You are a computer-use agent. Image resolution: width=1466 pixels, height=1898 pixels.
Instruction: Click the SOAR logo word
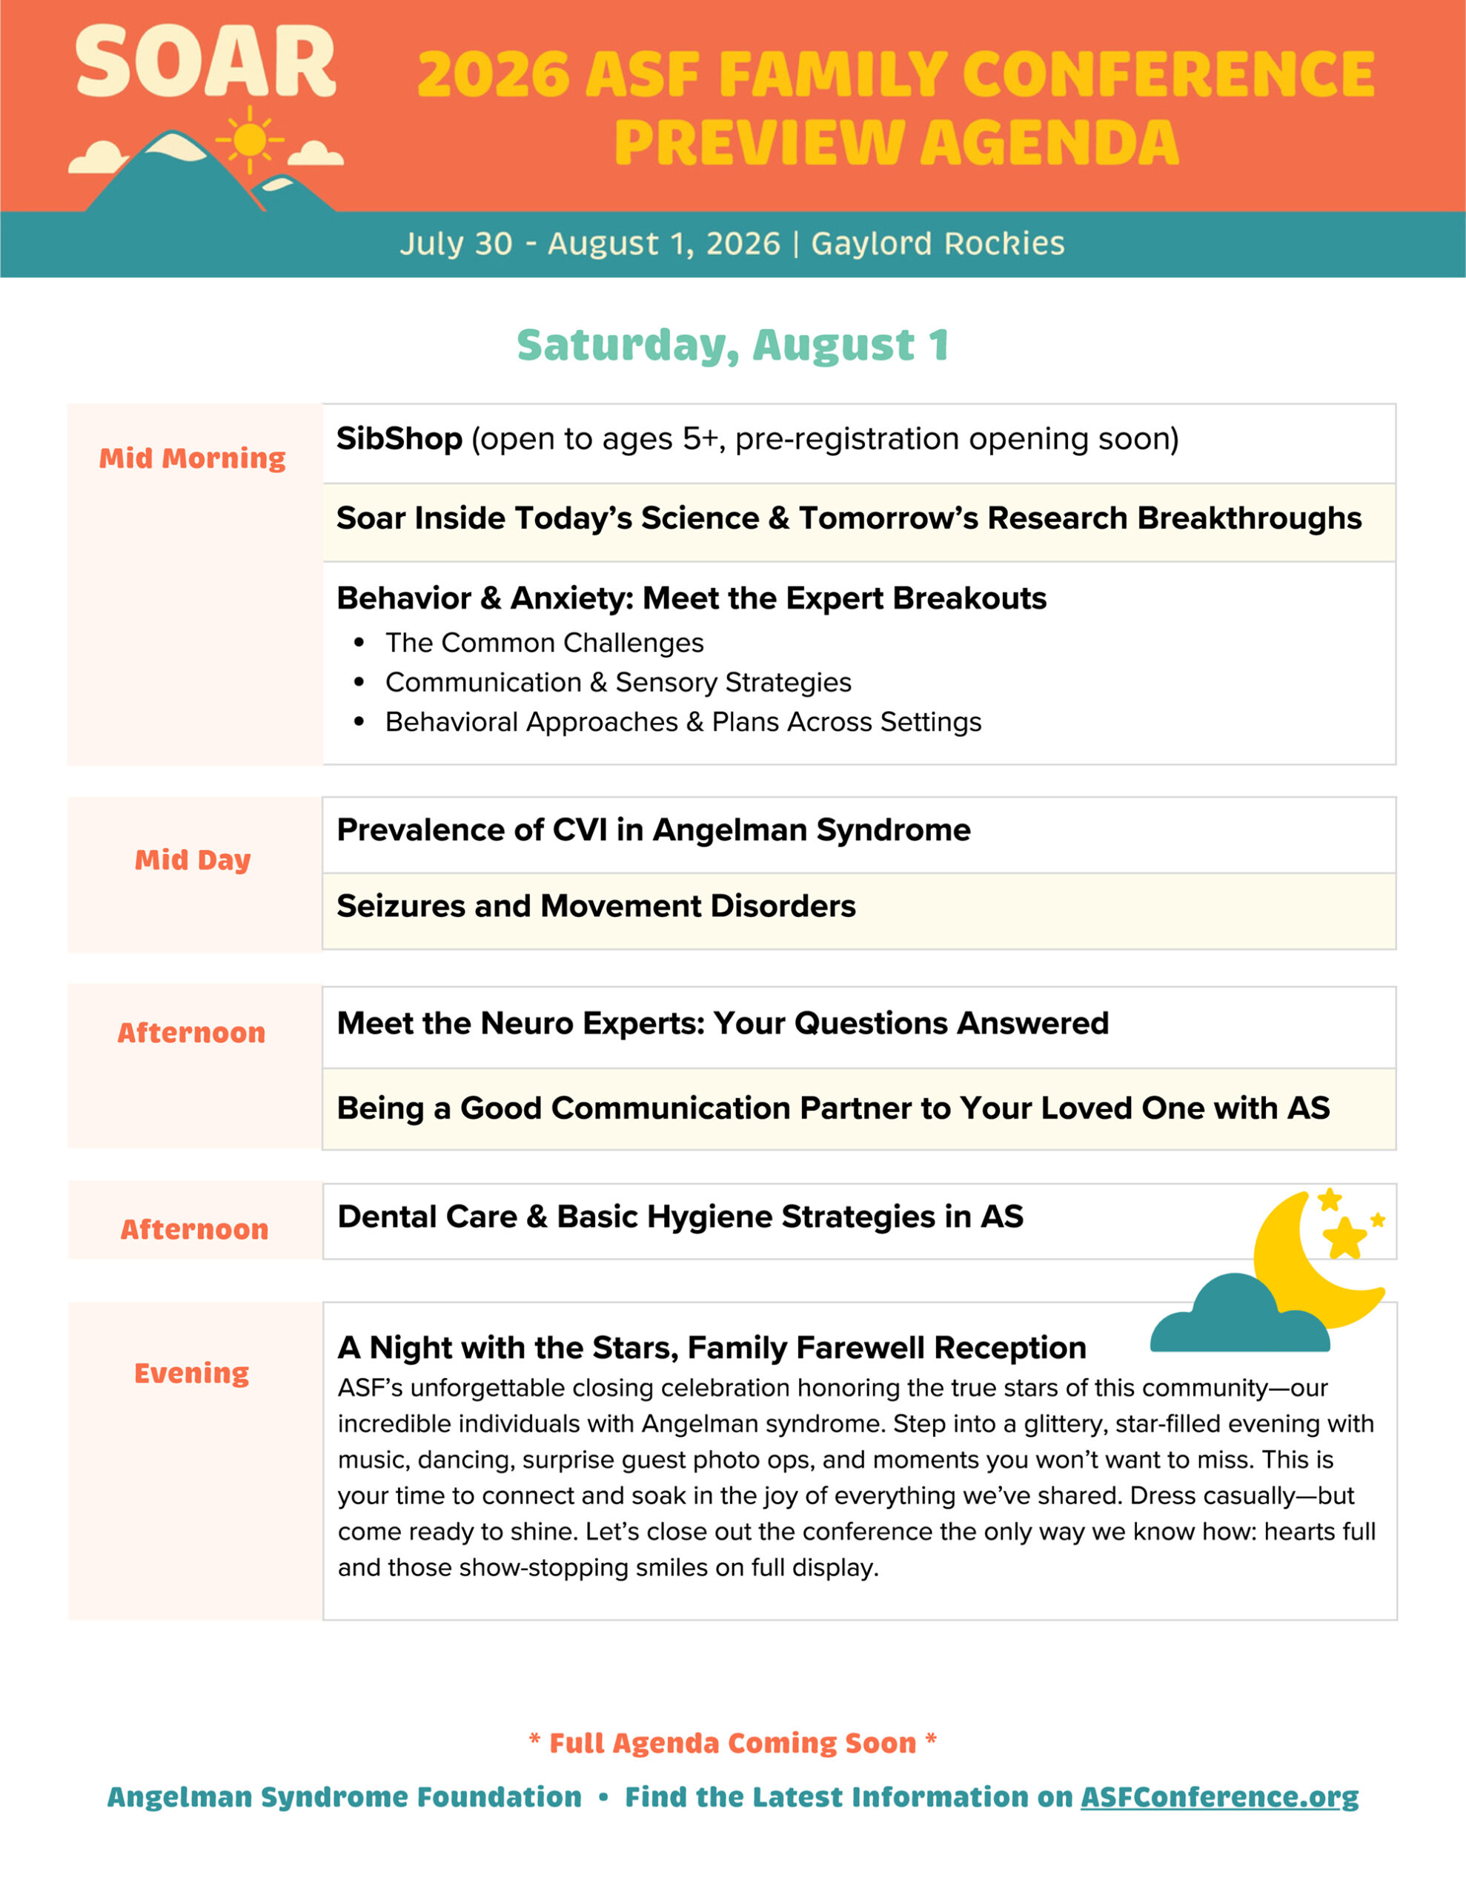(x=205, y=62)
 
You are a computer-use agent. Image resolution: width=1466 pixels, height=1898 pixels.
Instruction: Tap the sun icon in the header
(x=250, y=139)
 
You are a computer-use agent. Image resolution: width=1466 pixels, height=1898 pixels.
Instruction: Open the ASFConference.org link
(x=1219, y=1796)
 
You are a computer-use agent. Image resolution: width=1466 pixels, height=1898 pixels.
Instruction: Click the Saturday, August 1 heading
(x=732, y=345)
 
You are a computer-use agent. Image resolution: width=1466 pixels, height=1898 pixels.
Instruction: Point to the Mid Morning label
(x=192, y=458)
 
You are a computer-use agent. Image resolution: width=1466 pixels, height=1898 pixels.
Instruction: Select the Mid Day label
(x=192, y=859)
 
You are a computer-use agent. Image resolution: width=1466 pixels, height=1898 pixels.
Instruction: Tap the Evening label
(x=191, y=1372)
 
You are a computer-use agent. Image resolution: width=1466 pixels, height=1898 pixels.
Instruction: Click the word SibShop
(x=399, y=439)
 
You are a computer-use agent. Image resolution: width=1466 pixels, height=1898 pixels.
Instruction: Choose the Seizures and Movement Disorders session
(x=595, y=905)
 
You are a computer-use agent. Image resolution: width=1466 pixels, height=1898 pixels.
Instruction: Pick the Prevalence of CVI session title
(x=653, y=830)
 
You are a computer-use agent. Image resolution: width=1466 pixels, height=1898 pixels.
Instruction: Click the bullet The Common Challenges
(x=544, y=642)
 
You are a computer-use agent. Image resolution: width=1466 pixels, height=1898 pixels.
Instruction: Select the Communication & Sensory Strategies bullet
(x=618, y=682)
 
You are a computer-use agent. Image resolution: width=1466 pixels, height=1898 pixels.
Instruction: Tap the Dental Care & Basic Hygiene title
(x=680, y=1217)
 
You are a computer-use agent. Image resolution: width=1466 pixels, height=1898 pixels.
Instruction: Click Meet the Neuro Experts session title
(x=722, y=1023)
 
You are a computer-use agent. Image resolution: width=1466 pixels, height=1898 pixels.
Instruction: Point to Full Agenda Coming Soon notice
(x=732, y=1742)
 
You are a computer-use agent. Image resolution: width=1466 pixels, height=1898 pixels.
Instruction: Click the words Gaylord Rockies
(x=937, y=243)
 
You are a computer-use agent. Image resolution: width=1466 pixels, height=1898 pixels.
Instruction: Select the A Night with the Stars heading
(x=711, y=1347)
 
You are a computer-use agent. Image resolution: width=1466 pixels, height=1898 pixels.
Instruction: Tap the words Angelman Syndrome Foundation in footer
(x=344, y=1796)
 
